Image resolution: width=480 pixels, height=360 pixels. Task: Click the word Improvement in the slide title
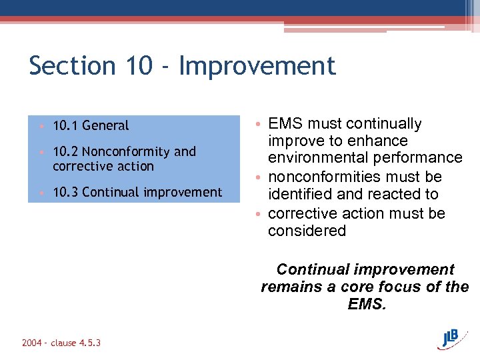pos(257,66)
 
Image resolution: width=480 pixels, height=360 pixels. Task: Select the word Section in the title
pos(72,66)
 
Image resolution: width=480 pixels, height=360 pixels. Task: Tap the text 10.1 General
pos(91,125)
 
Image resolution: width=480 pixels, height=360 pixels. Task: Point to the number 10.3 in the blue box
pos(65,193)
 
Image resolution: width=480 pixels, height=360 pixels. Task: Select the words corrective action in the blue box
pos(103,167)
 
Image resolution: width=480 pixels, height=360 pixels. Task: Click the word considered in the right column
pos(307,231)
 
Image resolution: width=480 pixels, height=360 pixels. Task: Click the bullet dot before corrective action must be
pos(257,214)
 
